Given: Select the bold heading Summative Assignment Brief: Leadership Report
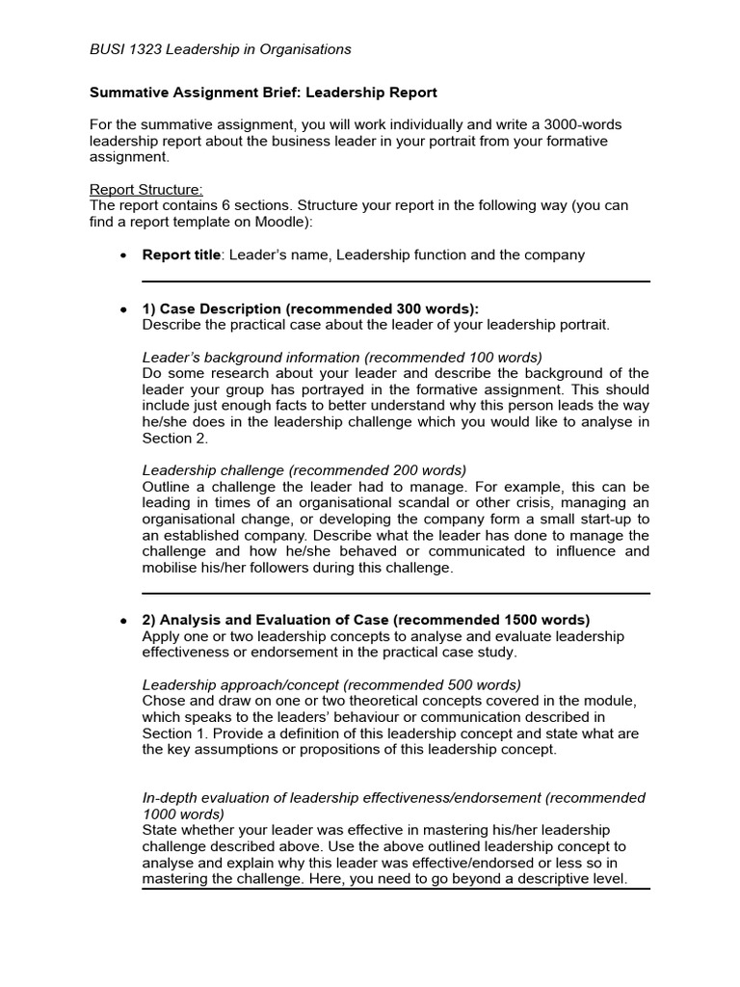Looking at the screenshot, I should pos(263,93).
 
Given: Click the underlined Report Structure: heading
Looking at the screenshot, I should pos(146,189).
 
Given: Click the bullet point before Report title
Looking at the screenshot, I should pos(121,256).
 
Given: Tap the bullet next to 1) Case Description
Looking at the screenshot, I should pos(121,309).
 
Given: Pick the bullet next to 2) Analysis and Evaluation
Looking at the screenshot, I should pos(121,621).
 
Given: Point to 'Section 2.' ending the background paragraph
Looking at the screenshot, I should pos(174,439).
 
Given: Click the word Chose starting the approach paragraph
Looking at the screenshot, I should pos(163,701).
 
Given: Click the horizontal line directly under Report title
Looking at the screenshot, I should pos(395,281).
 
